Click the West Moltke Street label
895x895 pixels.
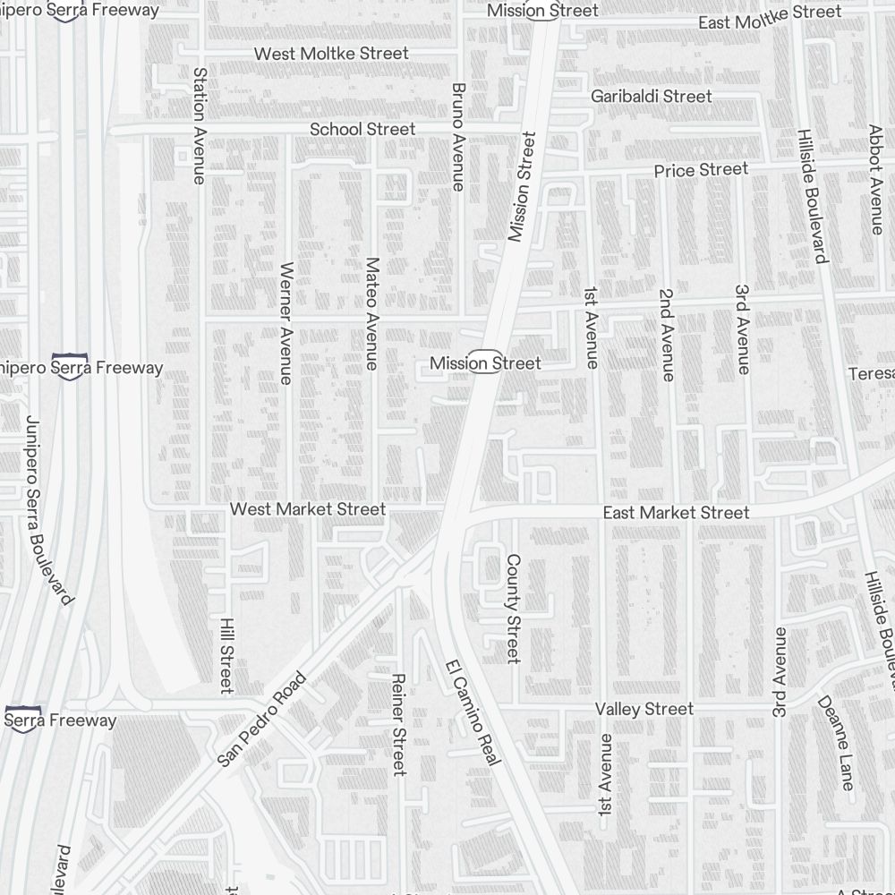point(331,54)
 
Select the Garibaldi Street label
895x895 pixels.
point(652,96)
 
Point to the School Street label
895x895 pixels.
point(362,130)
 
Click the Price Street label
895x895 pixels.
point(701,170)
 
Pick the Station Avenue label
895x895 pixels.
point(200,125)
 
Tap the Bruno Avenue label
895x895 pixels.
point(458,137)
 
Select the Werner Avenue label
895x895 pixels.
point(286,323)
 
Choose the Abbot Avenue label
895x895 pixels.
point(876,179)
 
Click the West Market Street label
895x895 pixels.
point(308,509)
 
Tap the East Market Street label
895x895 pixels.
point(676,513)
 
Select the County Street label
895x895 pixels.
point(513,609)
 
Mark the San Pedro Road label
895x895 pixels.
point(262,720)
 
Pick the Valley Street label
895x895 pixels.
point(644,709)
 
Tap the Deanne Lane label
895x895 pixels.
point(835,743)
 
